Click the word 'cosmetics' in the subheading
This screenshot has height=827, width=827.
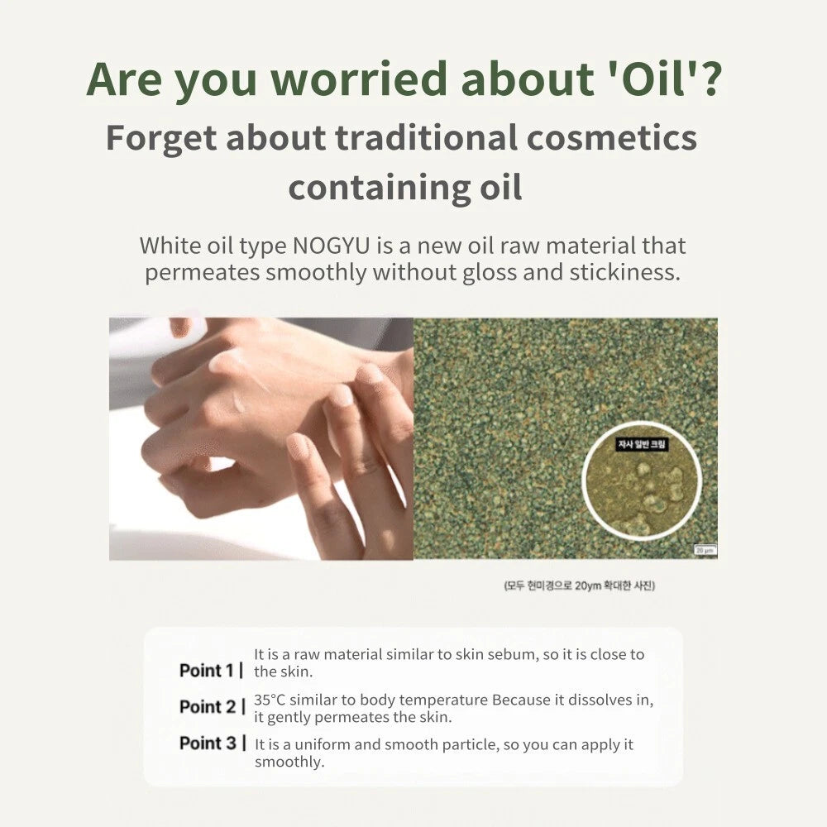[613, 137]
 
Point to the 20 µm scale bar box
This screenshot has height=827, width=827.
[704, 549]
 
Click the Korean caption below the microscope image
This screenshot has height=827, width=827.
[579, 586]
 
